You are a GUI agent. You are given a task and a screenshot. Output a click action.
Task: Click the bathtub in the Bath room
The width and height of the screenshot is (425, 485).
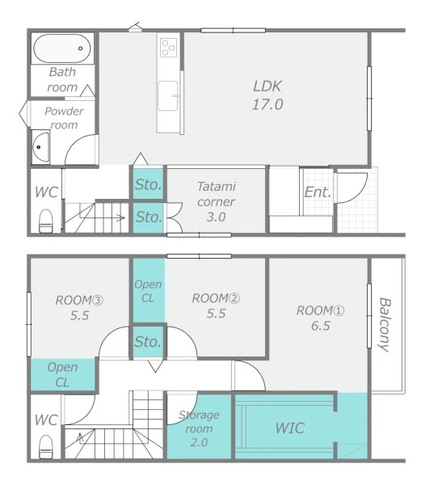(62, 48)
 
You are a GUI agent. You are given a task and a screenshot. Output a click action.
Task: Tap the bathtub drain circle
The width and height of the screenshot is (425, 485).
(80, 48)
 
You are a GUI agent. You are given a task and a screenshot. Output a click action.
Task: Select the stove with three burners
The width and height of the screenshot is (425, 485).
(168, 48)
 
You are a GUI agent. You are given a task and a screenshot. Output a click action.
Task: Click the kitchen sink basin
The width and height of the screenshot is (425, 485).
(168, 95)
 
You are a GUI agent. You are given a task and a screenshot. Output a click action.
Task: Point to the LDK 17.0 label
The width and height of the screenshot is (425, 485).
(267, 95)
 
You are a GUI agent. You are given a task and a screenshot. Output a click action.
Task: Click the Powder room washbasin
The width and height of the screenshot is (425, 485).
(41, 147)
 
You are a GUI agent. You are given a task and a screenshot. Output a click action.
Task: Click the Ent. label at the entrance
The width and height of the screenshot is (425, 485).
(318, 192)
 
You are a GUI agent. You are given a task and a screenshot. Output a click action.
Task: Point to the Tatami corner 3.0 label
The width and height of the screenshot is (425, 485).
(216, 201)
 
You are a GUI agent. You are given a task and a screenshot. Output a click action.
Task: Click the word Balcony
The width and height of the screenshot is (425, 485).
(385, 324)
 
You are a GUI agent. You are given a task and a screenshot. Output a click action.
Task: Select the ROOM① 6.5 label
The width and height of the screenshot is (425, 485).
(320, 318)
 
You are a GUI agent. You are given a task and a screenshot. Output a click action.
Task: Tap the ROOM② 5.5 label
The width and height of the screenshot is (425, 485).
(216, 306)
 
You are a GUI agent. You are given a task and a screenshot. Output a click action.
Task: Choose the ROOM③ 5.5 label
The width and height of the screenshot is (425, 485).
(79, 307)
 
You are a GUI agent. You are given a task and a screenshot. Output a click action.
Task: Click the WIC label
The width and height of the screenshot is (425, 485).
(289, 428)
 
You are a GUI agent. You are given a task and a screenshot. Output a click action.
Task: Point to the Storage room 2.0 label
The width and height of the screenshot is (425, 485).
(199, 428)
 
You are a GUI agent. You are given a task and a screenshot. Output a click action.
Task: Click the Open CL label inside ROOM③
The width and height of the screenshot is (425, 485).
(62, 374)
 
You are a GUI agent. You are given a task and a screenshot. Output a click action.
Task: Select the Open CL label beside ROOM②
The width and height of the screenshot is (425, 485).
(148, 291)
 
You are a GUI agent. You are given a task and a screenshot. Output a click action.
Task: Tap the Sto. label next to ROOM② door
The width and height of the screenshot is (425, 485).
(148, 342)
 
